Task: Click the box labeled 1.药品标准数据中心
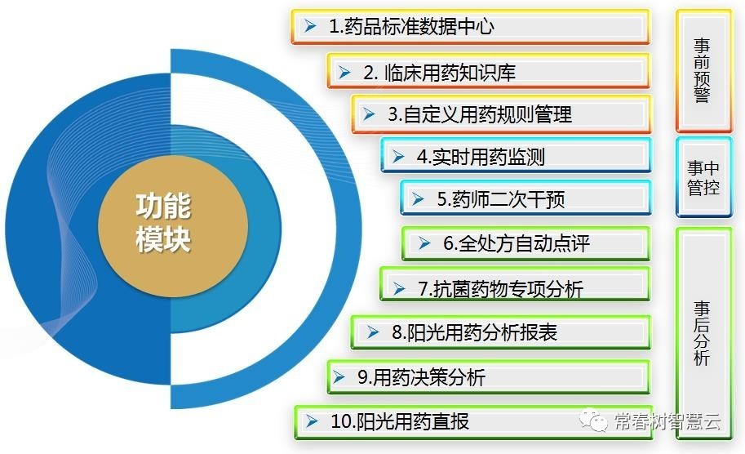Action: click(x=470, y=27)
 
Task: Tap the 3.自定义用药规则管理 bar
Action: click(x=501, y=114)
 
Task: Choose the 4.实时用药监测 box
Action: click(x=516, y=156)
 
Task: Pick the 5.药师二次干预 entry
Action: click(x=526, y=199)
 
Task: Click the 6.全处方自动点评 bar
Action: click(x=526, y=243)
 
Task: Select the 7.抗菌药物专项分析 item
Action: click(x=515, y=287)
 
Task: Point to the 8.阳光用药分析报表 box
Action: click(x=500, y=332)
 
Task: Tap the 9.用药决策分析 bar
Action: click(x=488, y=377)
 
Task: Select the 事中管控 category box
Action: click(x=701, y=177)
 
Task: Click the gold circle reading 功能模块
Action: click(x=163, y=222)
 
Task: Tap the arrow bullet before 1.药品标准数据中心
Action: click(x=310, y=27)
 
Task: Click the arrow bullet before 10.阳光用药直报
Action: click(x=311, y=422)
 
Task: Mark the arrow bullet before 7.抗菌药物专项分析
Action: click(x=399, y=288)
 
